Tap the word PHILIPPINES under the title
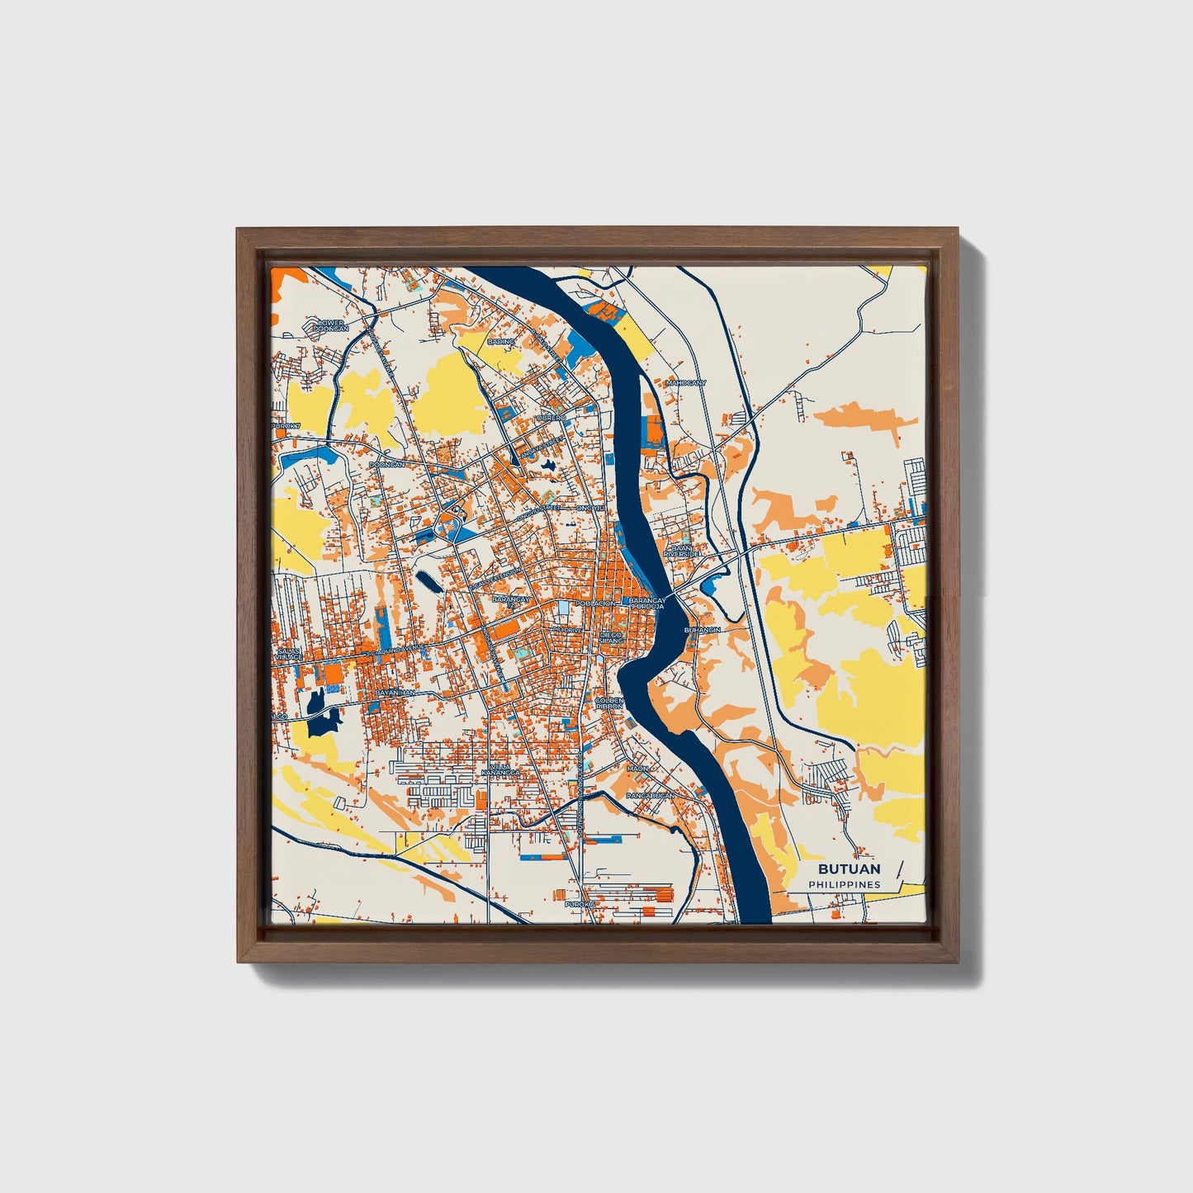[844, 884]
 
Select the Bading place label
[501, 341]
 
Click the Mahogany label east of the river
[686, 383]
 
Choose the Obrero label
[552, 418]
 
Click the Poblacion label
[595, 604]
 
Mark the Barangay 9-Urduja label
[646, 604]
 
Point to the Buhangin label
[703, 630]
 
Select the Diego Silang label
[611, 637]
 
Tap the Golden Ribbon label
[609, 703]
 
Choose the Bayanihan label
[395, 693]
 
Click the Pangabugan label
[651, 795]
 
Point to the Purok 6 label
[580, 904]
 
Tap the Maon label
[637, 769]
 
